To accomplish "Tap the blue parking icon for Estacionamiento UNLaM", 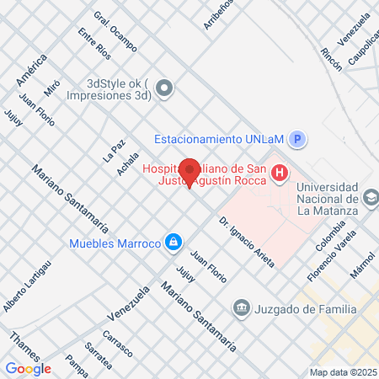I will coord(296,140).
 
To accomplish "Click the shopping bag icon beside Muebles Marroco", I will coord(173,243).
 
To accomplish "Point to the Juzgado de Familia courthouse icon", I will coord(243,308).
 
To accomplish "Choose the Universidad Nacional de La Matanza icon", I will coord(369,196).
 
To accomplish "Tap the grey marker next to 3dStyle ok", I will coord(164,87).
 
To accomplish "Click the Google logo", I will coord(28,368).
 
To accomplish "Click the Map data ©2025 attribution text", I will coord(343,372).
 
